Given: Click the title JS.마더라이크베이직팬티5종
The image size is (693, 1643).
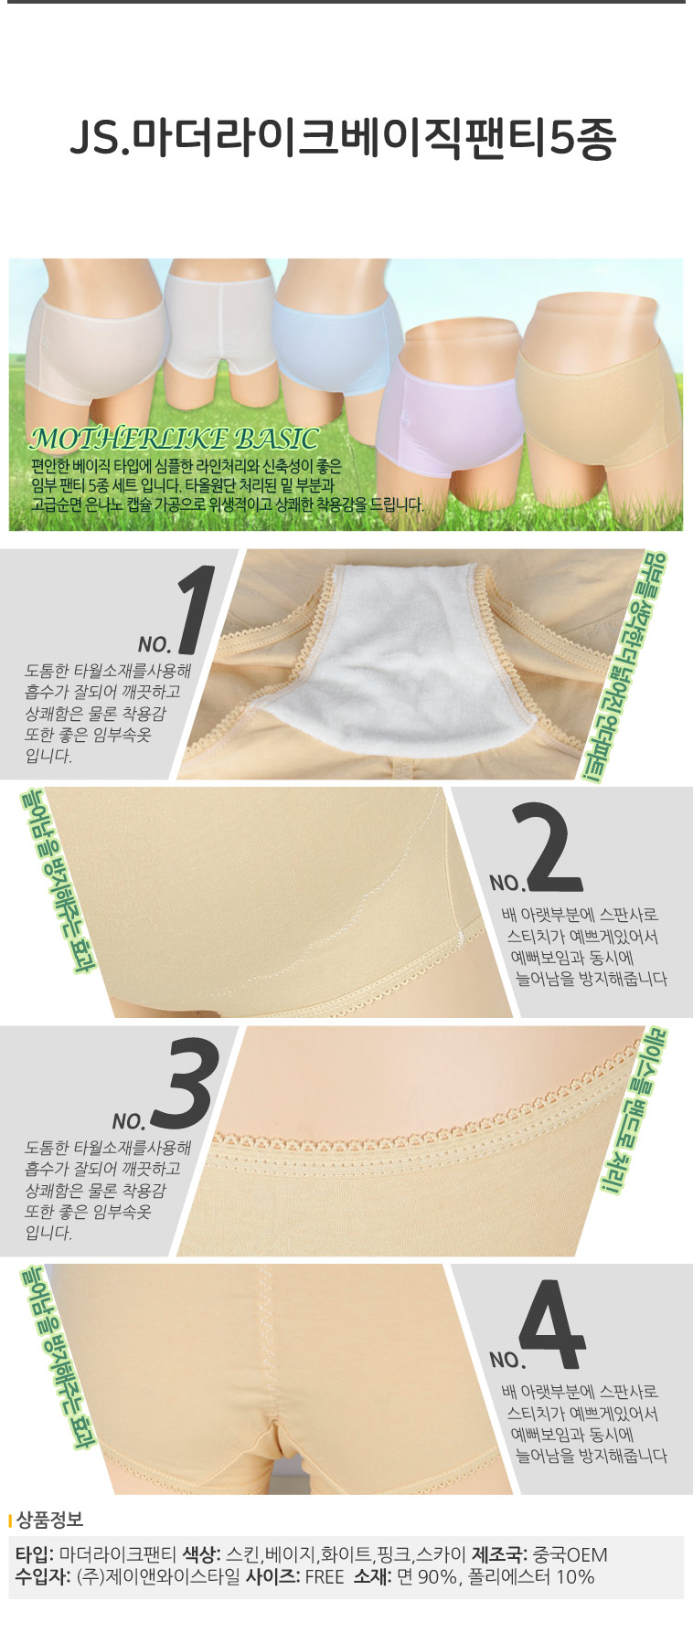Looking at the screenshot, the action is coord(344,139).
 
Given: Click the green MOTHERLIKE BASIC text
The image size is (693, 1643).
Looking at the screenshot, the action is coord(174,440).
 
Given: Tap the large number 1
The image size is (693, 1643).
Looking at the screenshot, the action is coord(195,609).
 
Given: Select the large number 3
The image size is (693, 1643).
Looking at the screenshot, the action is coord(186,1085).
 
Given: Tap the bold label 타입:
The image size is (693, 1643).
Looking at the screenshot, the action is coord(35,1554).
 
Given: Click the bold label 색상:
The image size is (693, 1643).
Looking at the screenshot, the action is coord(202,1554).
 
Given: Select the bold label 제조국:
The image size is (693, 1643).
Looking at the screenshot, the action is coord(501,1554).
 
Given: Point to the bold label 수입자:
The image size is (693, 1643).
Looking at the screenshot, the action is coord(43,1576).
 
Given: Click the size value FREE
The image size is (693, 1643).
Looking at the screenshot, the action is coord(324,1577).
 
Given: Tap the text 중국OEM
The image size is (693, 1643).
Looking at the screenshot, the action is coord(570,1554).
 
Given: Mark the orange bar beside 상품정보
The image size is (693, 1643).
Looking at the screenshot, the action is coord(10,1521).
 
